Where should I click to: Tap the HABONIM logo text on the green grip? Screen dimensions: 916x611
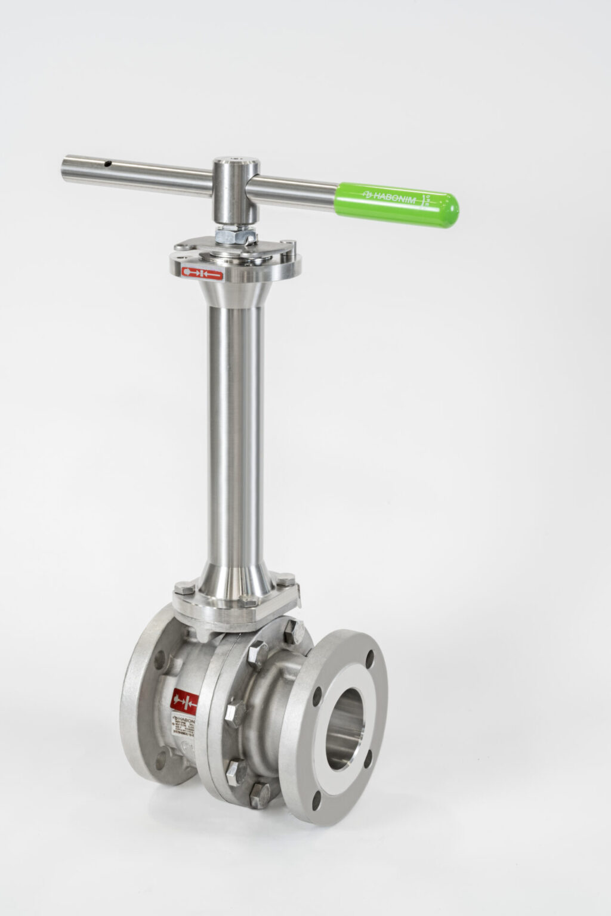[x=390, y=195]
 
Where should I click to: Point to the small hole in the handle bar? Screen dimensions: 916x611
[x=108, y=162]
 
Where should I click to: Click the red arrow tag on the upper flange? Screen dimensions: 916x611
[x=202, y=273]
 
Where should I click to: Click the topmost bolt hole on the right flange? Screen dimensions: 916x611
[x=371, y=658]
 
